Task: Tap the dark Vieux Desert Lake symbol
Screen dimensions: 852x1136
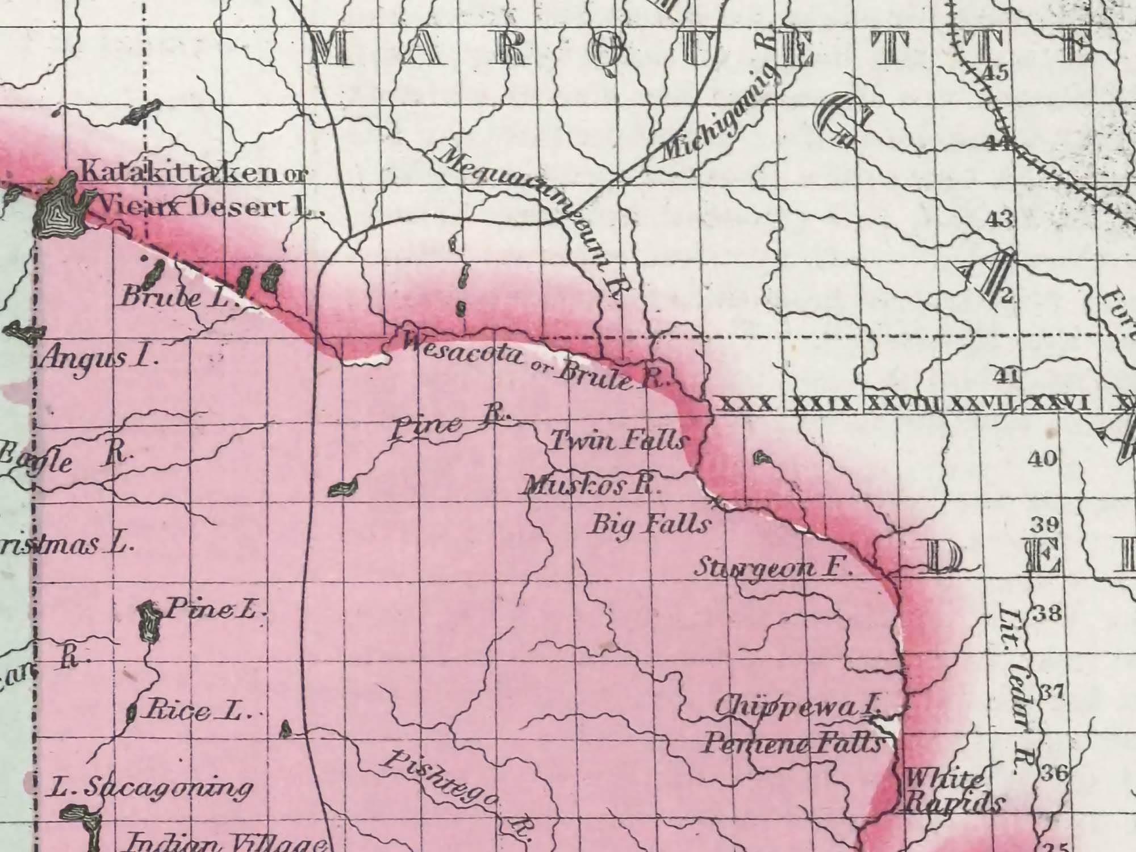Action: click(60, 208)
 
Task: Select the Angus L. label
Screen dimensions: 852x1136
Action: click(99, 358)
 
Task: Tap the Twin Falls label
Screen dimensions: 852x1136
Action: click(620, 441)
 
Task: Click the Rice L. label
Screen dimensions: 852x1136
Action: click(197, 711)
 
